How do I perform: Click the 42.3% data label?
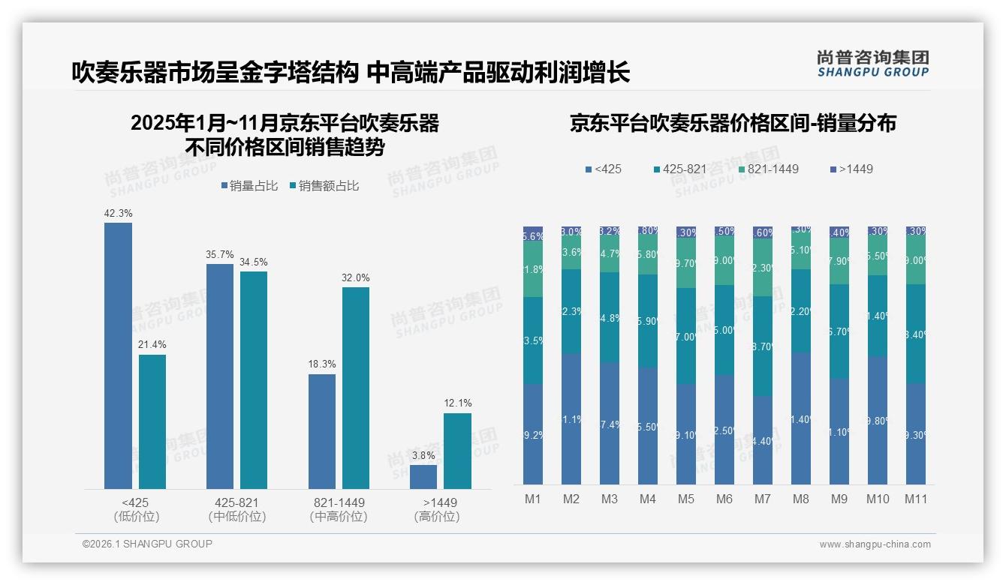tap(118, 214)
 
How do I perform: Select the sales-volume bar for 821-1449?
tap(322, 431)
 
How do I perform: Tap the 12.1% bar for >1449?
tap(457, 451)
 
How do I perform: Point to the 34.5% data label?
tap(254, 262)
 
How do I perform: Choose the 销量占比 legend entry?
tap(249, 186)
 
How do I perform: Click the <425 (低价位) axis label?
tap(137, 509)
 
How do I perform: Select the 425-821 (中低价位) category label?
tap(237, 509)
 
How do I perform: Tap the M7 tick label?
tap(763, 499)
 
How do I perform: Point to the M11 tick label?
tap(916, 499)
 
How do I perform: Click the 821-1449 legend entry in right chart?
tap(767, 169)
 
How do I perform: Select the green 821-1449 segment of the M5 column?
tap(686, 262)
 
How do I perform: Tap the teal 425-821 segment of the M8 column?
tap(801, 310)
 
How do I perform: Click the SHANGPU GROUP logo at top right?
tap(872, 64)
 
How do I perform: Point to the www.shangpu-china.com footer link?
tap(875, 544)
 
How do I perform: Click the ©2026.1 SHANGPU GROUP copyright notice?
tap(147, 544)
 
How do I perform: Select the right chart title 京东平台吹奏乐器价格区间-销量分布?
tap(733, 124)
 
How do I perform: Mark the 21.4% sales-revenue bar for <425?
tap(152, 421)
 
